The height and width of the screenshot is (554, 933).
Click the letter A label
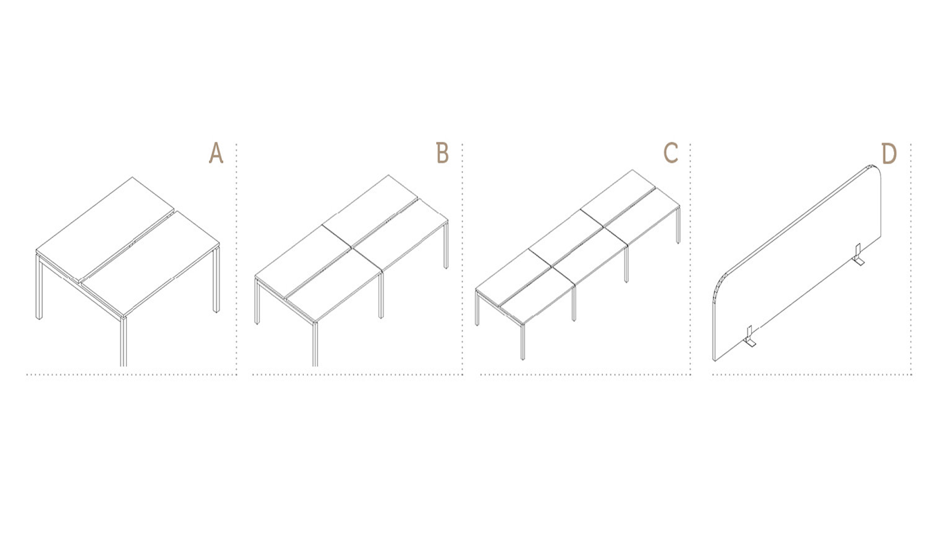[216, 153]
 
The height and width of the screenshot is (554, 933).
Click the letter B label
[442, 153]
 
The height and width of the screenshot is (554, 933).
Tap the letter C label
[671, 153]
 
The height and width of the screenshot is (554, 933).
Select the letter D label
[889, 153]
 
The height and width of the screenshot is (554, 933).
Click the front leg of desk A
[123, 341]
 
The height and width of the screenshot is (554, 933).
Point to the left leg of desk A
[39, 287]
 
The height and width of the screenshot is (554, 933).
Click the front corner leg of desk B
[315, 343]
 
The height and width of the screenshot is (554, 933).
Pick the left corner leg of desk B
[257, 301]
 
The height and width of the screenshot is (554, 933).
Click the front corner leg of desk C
[523, 341]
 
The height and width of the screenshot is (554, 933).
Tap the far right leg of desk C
[678, 226]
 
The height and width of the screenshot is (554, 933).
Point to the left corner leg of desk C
[477, 308]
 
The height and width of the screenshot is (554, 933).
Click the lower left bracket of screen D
[750, 337]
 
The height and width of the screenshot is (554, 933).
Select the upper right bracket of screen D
[858, 253]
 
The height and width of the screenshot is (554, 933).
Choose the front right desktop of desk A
[151, 262]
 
